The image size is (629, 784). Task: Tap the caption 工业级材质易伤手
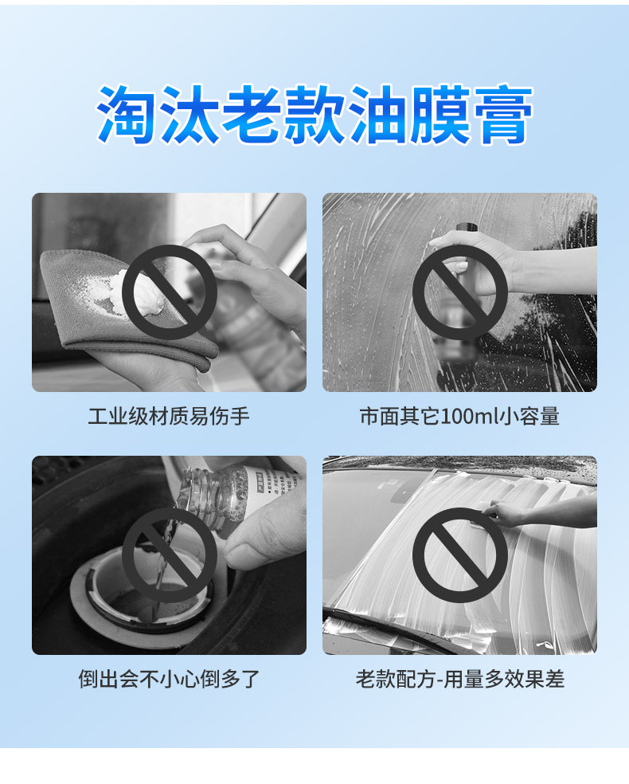169,417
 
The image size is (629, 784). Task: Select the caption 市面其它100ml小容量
459,417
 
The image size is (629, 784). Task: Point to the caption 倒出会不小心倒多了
169,680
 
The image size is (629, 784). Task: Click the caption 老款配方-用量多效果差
459,680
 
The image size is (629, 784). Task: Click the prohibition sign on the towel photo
169,292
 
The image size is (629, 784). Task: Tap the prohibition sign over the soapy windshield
459,292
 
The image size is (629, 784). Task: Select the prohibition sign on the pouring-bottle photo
169,555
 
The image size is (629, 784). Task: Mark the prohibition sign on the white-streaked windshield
459,555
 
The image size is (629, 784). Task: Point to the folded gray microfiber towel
88,319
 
